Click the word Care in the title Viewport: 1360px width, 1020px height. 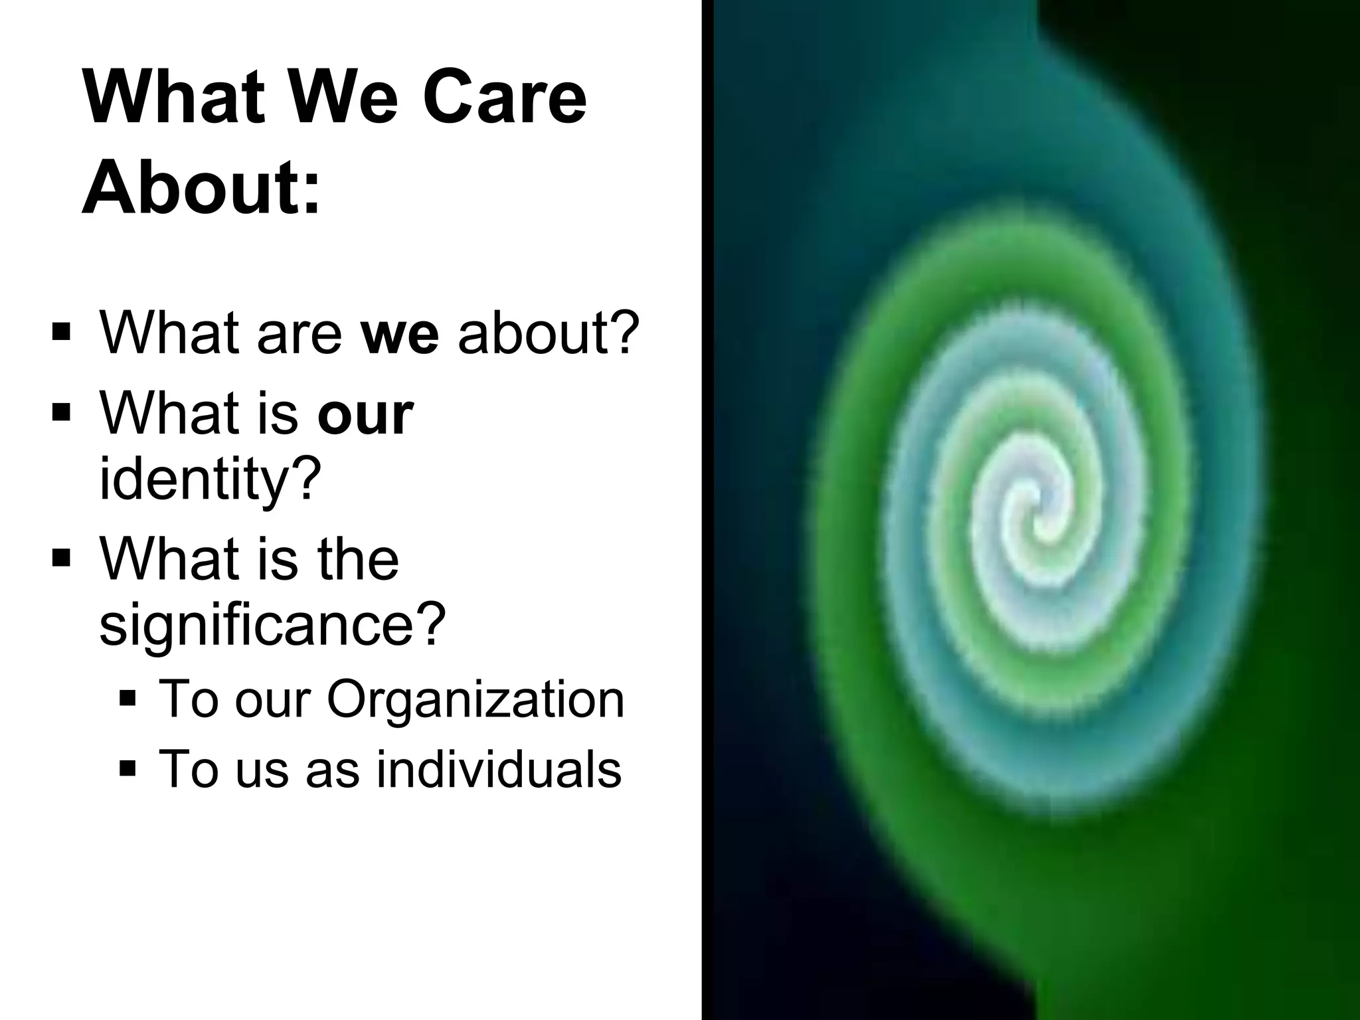(x=504, y=97)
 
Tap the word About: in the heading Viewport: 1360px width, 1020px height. (x=201, y=189)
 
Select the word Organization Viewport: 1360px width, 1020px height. (x=475, y=699)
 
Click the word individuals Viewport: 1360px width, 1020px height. (x=499, y=769)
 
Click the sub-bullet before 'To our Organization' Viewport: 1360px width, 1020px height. (x=128, y=698)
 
